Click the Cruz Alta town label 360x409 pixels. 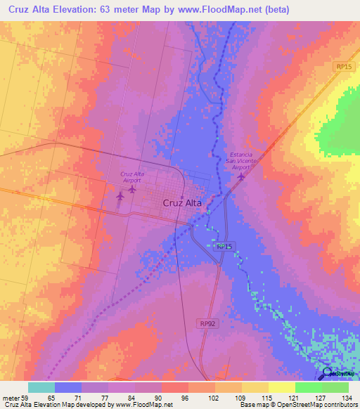(182, 202)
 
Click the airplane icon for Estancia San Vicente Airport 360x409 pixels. (241, 176)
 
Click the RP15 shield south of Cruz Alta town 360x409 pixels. (224, 246)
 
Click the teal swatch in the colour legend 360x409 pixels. (41, 387)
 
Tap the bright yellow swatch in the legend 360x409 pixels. (281, 387)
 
